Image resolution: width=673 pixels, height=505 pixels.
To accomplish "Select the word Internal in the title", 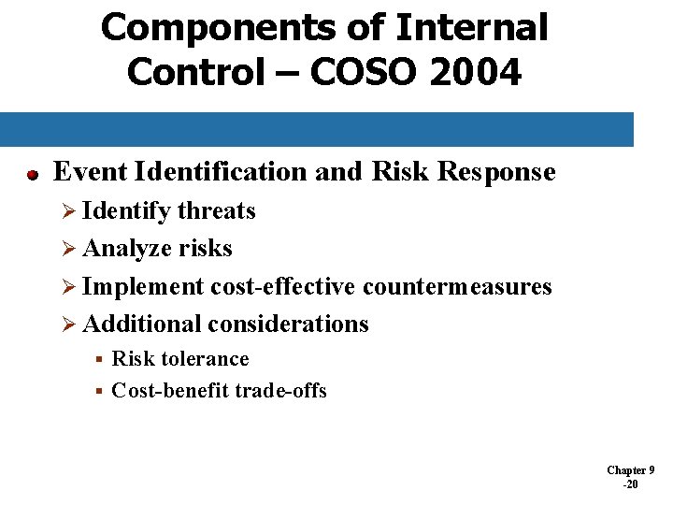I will point(471,28).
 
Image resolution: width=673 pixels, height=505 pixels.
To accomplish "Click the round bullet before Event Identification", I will point(31,174).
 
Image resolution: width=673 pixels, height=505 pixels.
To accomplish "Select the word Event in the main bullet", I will point(91,172).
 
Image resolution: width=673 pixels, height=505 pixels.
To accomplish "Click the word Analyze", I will point(122,249).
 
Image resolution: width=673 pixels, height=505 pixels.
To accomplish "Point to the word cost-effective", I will point(282,286).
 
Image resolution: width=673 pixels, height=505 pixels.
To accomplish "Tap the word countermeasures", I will point(457,286).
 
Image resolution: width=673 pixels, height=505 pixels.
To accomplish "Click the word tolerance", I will point(205,359).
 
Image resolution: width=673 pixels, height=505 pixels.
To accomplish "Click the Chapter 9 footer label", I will point(630,470).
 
